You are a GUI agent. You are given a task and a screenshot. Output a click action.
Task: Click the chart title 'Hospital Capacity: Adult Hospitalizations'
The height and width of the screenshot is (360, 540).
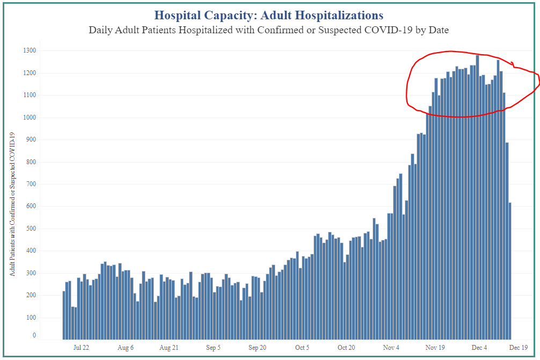[268, 15]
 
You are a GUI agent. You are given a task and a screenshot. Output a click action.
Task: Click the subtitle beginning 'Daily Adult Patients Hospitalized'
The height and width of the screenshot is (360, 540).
[268, 30]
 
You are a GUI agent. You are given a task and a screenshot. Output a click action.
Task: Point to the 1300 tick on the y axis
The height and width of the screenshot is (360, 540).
[29, 50]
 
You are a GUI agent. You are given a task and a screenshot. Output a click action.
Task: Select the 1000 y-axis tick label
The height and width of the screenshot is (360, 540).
[29, 117]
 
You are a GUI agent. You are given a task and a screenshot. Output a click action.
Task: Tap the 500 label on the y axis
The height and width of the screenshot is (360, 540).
[31, 229]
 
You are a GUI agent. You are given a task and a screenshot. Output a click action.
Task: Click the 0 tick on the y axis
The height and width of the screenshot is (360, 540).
[34, 336]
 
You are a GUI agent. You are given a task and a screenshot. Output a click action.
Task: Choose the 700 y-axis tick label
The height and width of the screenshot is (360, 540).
[31, 184]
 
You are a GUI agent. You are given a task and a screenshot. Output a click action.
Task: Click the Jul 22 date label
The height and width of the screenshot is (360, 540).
[81, 348]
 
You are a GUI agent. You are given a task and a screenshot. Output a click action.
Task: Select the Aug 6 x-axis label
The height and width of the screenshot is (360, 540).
[125, 348]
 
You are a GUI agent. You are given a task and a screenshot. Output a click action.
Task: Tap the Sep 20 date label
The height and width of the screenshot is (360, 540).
[258, 348]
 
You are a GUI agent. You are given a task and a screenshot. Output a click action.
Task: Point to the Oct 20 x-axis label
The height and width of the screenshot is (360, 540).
[346, 348]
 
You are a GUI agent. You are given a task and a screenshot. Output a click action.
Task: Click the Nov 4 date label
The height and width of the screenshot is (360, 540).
[391, 348]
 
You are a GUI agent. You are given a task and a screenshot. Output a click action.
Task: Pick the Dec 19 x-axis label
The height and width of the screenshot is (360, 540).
[518, 348]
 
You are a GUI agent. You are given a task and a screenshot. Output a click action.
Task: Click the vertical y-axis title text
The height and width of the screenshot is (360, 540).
[12, 204]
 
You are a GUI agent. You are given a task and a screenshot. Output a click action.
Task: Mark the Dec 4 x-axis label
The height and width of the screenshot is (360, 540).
[479, 348]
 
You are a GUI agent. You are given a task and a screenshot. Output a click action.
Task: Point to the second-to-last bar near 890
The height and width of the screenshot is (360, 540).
[507, 241]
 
